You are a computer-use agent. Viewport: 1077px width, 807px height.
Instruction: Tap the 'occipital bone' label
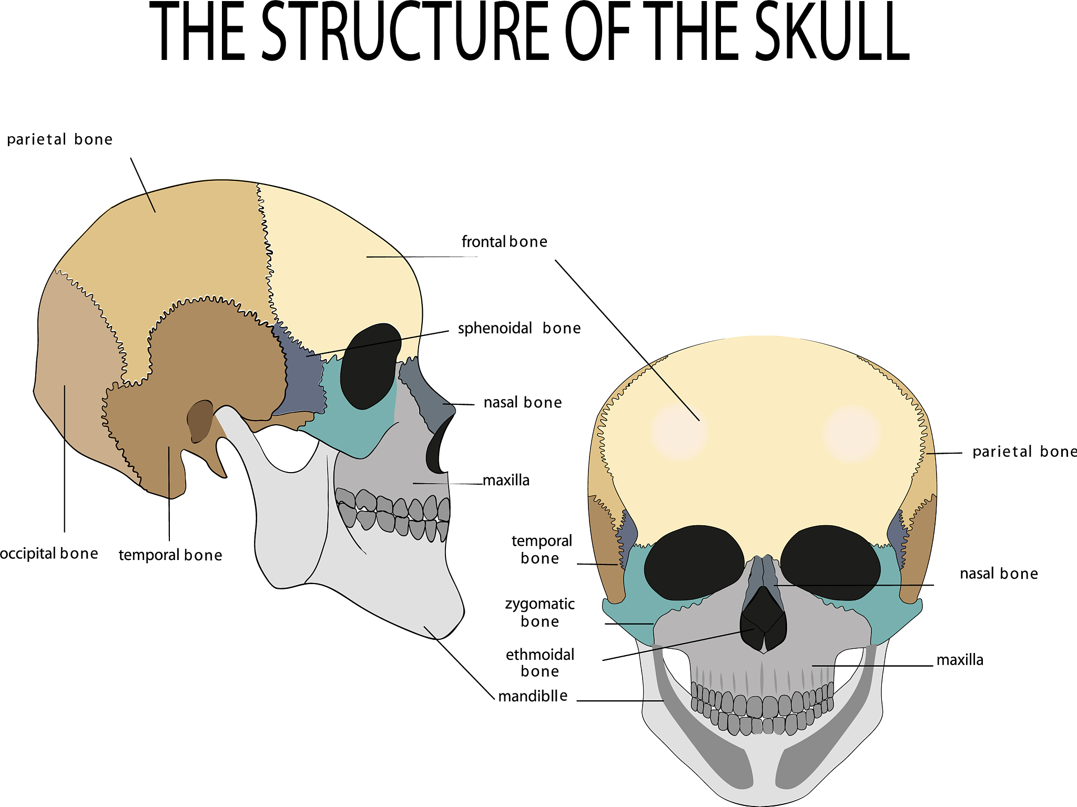coord(49,554)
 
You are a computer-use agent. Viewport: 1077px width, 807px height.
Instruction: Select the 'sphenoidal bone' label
coord(519,329)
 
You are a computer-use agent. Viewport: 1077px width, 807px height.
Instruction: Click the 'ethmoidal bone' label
coord(540,662)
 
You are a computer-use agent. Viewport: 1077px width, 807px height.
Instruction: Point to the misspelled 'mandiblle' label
coord(533,696)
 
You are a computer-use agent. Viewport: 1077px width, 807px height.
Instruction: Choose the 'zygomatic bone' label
coord(540,612)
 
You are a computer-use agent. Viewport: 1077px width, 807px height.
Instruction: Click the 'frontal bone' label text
coord(504,242)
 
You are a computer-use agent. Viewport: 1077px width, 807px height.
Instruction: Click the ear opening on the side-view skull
coord(200,421)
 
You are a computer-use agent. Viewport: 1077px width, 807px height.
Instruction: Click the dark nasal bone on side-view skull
coord(426,394)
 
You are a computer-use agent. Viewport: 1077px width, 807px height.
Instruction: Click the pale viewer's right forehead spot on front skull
coord(852,434)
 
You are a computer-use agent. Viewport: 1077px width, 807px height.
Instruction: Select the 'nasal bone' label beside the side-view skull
coord(523,403)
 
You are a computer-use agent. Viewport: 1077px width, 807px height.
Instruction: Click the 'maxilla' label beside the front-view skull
coord(960,660)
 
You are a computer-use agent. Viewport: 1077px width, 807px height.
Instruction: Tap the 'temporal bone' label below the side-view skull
coord(170,555)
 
